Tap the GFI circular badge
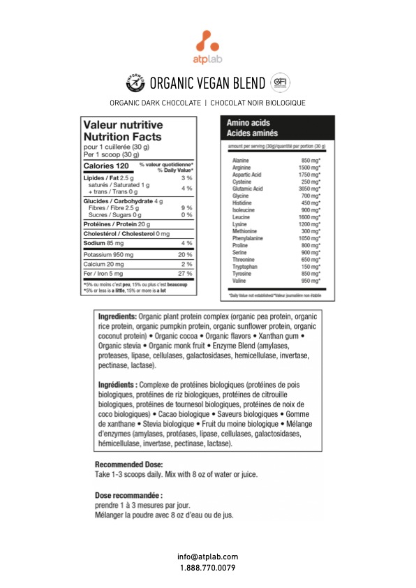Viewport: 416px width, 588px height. pyautogui.click(x=280, y=83)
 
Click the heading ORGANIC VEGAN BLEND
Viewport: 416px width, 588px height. pyautogui.click(x=207, y=84)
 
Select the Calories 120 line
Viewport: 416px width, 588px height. pyautogui.click(x=106, y=166)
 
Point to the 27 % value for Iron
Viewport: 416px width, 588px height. pyautogui.click(x=186, y=273)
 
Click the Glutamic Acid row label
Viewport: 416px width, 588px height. pyautogui.click(x=248, y=189)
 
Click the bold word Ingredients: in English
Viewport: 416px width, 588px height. pyautogui.click(x=117, y=317)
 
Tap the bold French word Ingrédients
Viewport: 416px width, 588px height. pyautogui.click(x=117, y=385)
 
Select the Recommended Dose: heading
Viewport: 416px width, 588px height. pyautogui.click(x=128, y=464)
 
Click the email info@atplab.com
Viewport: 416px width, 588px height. pyautogui.click(x=207, y=557)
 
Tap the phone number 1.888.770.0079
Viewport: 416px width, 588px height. pyautogui.click(x=207, y=568)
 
